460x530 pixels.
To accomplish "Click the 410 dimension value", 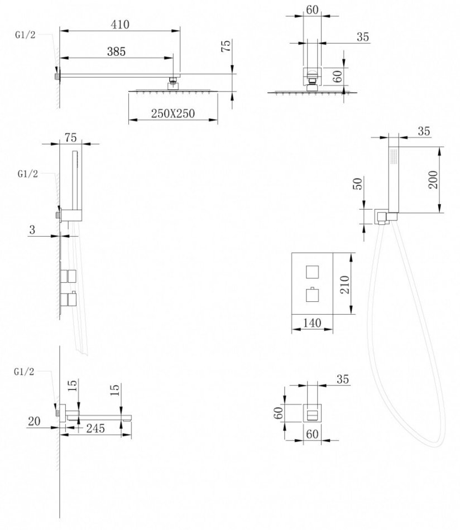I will [120, 25].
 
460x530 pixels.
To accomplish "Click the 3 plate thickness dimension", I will [34, 229].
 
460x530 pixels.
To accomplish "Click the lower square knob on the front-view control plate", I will [311, 294].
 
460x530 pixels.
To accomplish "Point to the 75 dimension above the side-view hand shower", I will [70, 137].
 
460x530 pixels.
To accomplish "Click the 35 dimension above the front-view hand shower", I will [423, 132].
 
